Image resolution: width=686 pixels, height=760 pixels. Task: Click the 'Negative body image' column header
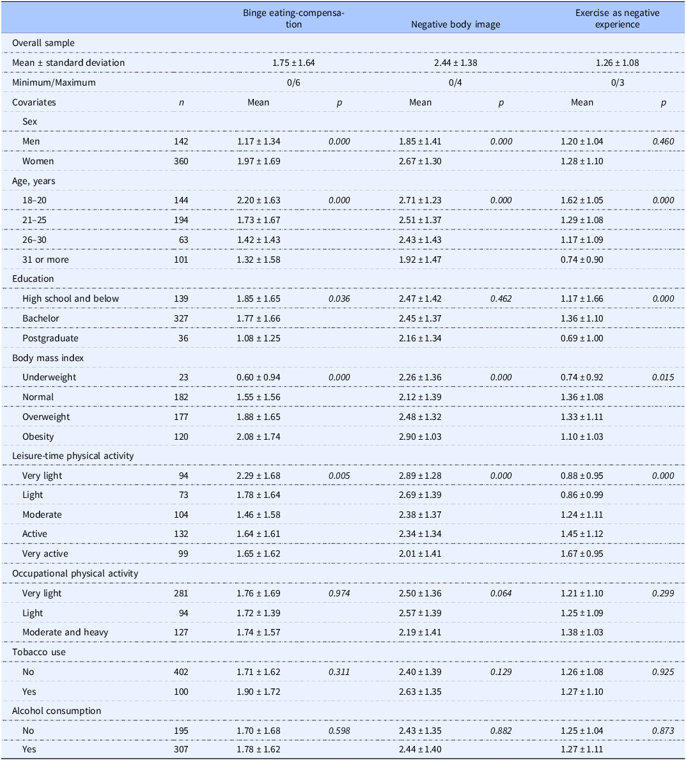(455, 24)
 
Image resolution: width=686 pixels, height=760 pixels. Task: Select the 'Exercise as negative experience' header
(617, 19)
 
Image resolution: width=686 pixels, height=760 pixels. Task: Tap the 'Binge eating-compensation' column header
(294, 19)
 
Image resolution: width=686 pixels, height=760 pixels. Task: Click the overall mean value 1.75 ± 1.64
(293, 63)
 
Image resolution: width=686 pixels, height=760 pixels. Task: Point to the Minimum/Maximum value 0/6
(293, 82)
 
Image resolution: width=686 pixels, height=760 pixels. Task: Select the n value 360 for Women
(182, 161)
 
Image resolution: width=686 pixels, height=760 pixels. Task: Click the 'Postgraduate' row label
(50, 338)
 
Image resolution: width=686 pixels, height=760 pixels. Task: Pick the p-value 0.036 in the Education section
(339, 299)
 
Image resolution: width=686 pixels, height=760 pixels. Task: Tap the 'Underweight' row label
(49, 377)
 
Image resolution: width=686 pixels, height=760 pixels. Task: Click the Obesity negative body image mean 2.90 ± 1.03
(420, 436)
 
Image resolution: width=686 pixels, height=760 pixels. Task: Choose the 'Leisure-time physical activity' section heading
(73, 456)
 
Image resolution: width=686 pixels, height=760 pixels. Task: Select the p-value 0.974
(339, 593)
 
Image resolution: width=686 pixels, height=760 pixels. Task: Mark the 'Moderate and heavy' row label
(65, 632)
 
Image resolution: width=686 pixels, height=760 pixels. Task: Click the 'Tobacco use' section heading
(39, 652)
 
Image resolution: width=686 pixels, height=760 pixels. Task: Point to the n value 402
(182, 672)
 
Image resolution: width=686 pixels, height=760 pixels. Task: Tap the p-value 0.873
(663, 731)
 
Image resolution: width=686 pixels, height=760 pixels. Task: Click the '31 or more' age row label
(45, 260)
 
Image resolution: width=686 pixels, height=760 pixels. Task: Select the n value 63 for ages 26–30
(183, 240)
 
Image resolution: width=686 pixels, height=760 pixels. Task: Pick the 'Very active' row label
(45, 554)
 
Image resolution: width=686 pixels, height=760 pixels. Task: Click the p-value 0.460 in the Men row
(663, 141)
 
